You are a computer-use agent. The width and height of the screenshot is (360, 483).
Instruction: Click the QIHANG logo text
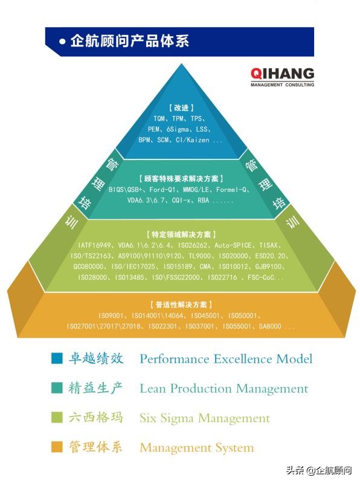coord(282,74)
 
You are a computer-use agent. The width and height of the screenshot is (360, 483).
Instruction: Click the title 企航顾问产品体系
coord(129,41)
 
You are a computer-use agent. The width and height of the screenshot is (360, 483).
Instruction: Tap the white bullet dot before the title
coord(62,42)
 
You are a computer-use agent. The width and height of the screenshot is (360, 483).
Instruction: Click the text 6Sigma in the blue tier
coord(180,129)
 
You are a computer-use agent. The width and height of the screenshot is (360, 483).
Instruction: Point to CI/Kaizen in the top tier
coord(198,139)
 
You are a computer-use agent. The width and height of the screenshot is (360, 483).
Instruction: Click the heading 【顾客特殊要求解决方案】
coord(181,179)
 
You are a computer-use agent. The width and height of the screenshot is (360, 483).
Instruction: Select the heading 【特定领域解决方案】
coord(181,234)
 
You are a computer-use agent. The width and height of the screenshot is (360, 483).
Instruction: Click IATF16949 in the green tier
coord(95,245)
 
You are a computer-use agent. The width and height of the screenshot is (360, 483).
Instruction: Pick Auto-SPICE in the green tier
coord(232,245)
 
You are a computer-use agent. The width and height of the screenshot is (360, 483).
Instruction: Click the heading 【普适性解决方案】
coord(181,305)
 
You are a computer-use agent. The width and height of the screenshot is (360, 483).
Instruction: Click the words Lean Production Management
coord(223,388)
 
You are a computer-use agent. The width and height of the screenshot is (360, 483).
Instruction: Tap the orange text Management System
coord(196,447)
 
